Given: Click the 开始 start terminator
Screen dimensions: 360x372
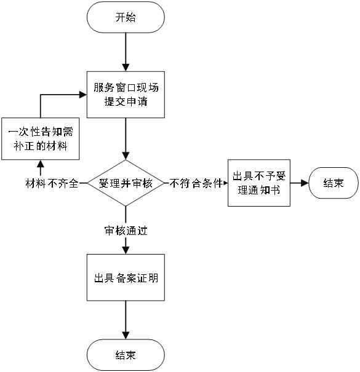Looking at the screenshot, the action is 126,17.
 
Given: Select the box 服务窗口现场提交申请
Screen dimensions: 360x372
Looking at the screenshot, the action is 126,95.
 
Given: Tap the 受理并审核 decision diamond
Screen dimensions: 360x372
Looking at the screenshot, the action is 126,183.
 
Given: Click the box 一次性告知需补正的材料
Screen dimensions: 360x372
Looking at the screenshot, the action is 41,138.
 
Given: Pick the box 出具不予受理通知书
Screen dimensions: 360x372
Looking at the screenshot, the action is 259,183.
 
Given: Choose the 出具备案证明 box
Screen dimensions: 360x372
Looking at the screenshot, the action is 126,277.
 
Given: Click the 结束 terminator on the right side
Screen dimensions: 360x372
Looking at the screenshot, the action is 334,183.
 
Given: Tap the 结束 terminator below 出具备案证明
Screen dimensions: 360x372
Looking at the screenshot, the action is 126,355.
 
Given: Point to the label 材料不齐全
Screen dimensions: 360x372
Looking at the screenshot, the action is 52,183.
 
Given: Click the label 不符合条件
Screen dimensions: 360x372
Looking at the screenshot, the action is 196,183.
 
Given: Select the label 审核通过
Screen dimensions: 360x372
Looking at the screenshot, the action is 126,231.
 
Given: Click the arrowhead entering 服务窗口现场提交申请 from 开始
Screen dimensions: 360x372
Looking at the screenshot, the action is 126,68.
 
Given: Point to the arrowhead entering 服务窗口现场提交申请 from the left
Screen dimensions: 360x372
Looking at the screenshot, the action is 83,95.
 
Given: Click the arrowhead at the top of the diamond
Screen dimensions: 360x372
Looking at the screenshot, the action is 126,156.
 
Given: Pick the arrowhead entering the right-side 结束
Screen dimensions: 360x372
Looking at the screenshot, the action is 305,183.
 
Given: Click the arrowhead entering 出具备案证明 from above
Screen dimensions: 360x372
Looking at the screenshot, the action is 126,250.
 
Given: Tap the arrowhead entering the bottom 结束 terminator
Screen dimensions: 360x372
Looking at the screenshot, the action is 126,336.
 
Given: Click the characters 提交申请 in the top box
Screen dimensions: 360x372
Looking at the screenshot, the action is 126,101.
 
